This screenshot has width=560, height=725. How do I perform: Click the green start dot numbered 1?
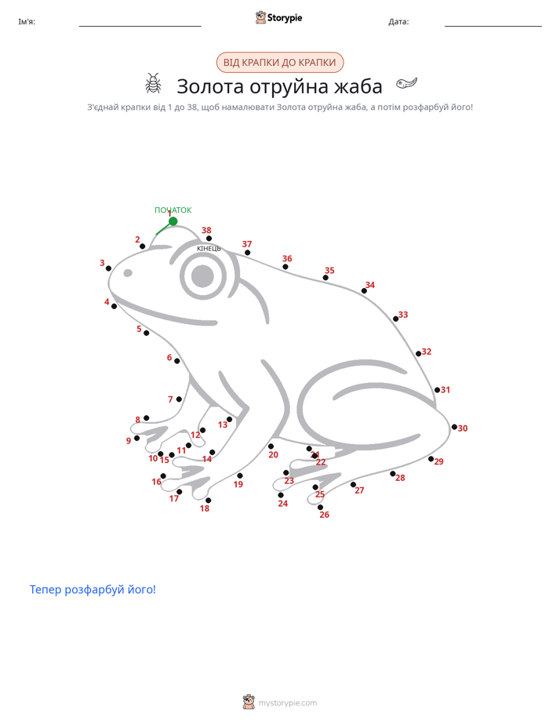pyautogui.click(x=173, y=221)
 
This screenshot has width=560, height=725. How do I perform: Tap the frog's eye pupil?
pyautogui.click(x=202, y=276)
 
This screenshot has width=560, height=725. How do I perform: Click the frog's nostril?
pyautogui.click(x=128, y=273)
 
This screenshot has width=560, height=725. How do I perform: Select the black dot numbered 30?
pyautogui.click(x=454, y=427)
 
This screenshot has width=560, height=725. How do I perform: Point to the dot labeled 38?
pyautogui.click(x=209, y=239)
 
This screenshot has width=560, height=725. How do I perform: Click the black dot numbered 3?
pyautogui.click(x=108, y=268)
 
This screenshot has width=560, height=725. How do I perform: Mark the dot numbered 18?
pyautogui.click(x=209, y=501)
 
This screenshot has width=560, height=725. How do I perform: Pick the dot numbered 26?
pyautogui.click(x=320, y=507)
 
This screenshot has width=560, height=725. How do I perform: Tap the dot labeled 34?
pyautogui.click(x=364, y=291)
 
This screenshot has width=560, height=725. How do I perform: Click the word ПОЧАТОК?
pyautogui.click(x=173, y=210)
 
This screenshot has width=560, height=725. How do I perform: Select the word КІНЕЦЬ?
pyautogui.click(x=209, y=249)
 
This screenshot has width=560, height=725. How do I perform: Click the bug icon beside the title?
pyautogui.click(x=154, y=83)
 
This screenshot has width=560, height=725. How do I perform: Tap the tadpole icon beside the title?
pyautogui.click(x=406, y=83)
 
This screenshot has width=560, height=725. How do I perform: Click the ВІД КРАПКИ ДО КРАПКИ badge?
pyautogui.click(x=280, y=63)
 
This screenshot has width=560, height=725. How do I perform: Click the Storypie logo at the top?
pyautogui.click(x=278, y=17)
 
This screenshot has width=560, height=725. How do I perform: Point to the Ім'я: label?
pyautogui.click(x=27, y=22)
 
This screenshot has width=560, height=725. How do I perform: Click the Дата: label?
pyautogui.click(x=398, y=22)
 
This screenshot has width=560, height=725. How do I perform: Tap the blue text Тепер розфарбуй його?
pyautogui.click(x=93, y=589)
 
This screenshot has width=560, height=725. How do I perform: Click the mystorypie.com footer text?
pyautogui.click(x=287, y=703)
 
